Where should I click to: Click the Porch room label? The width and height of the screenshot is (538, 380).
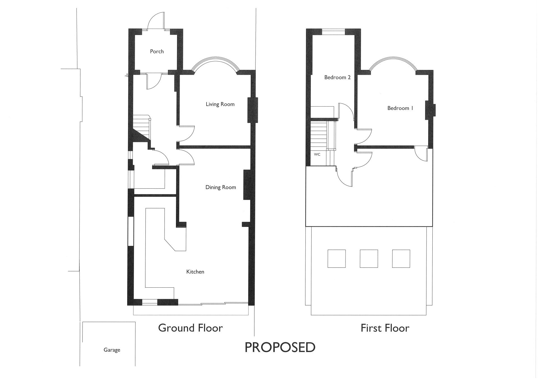[x=157, y=51]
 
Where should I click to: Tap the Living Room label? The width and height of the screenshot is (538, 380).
[x=220, y=104]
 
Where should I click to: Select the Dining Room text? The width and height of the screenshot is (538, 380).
[x=221, y=187]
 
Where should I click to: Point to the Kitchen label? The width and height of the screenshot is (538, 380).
[x=195, y=272]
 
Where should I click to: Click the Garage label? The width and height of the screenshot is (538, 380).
[x=112, y=350]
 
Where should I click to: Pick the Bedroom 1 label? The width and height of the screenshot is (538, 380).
[x=400, y=108]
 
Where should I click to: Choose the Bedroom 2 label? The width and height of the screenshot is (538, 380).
[x=337, y=78]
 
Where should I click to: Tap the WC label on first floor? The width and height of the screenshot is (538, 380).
[x=317, y=154]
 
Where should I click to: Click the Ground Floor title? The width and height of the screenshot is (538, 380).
[x=190, y=328]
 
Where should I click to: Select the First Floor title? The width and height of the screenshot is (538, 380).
[x=385, y=328]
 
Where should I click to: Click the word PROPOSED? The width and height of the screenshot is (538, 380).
[x=280, y=347]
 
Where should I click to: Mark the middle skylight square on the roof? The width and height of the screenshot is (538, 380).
[x=369, y=259]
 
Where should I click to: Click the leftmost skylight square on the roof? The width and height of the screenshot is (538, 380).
[x=337, y=259]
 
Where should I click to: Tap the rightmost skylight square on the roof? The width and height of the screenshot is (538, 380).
[x=401, y=259]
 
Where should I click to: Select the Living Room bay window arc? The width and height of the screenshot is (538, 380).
[x=215, y=58]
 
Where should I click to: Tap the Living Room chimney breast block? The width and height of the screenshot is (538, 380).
[x=252, y=110]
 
